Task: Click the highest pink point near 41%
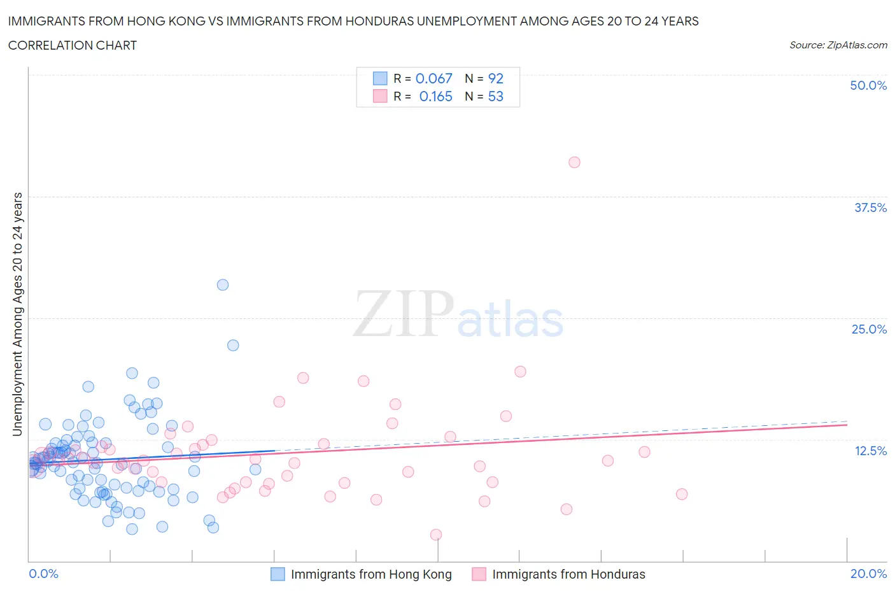pos(574,162)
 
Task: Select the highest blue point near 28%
pos(223,285)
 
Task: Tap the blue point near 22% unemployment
pos(233,345)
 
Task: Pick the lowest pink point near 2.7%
pos(436,535)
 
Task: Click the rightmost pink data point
pos(682,494)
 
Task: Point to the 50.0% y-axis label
pos(868,85)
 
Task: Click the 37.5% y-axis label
pos(870,208)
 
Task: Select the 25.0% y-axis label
pos(869,329)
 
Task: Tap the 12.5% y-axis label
pos(870,451)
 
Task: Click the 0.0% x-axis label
pos(44,574)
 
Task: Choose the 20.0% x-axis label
pos(868,574)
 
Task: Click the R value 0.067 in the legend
pos(433,78)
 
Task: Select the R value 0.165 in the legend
pos(435,96)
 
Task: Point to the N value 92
pos(496,78)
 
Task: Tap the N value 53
pos(496,96)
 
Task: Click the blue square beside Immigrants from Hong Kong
pos(278,574)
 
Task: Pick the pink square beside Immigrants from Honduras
pos(479,574)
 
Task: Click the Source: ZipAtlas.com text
pos(838,45)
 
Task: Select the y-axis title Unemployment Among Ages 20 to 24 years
pos(17,314)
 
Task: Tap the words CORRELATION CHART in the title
pos(73,45)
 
